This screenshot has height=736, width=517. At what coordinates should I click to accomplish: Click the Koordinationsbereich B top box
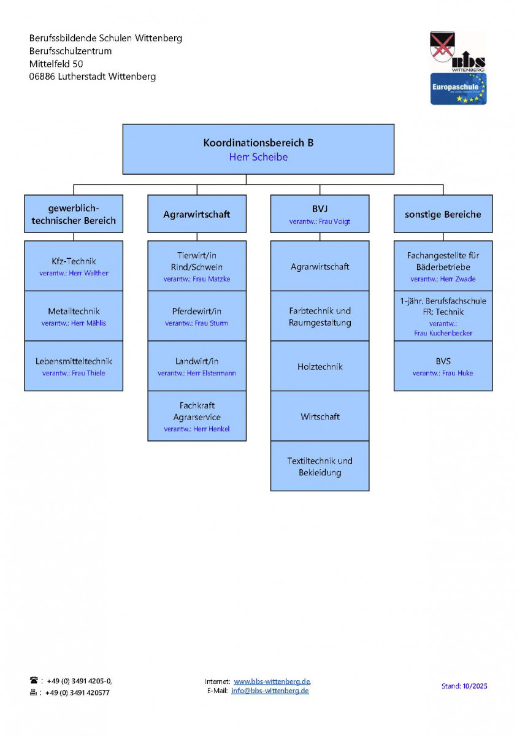(x=258, y=144)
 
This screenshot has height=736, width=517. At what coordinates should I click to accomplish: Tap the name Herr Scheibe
(x=258, y=158)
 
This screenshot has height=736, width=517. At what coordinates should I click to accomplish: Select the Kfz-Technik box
(x=74, y=266)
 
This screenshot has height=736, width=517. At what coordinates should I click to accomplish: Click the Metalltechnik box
(x=74, y=316)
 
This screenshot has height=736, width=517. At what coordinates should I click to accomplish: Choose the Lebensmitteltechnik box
(x=74, y=366)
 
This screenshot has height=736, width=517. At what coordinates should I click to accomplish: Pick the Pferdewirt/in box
(x=197, y=316)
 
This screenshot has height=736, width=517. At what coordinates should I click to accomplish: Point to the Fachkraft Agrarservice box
(x=197, y=416)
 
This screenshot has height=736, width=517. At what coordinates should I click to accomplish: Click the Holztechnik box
(x=320, y=366)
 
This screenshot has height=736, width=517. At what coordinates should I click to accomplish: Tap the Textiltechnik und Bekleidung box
(x=320, y=466)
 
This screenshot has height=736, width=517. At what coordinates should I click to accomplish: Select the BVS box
(x=443, y=366)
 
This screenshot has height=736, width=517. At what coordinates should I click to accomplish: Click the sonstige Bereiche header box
(x=443, y=214)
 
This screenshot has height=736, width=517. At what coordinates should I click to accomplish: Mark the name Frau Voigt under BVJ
(x=334, y=222)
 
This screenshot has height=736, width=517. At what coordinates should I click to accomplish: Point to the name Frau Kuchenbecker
(x=443, y=333)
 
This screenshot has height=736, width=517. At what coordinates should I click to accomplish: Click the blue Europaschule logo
(x=458, y=89)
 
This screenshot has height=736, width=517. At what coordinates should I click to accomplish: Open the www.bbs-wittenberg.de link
(x=272, y=681)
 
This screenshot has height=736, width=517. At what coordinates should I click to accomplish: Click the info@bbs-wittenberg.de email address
(x=270, y=691)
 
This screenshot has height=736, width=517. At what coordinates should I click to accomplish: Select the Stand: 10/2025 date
(x=464, y=686)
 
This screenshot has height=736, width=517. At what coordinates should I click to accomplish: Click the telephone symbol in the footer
(x=34, y=680)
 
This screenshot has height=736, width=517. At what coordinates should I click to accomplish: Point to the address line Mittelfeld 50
(x=56, y=64)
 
